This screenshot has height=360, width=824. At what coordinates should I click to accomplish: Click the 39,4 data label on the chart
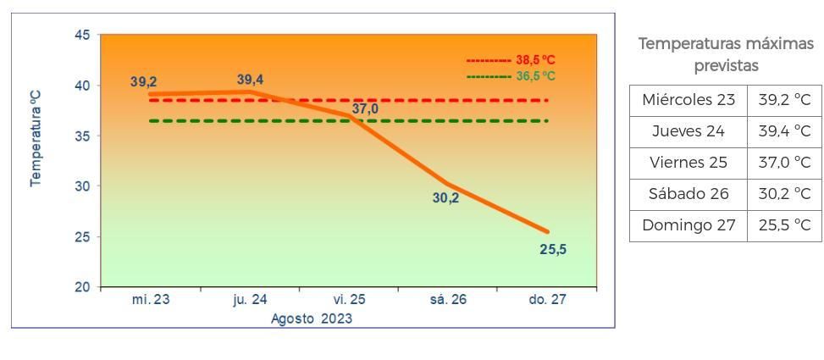[x=250, y=80]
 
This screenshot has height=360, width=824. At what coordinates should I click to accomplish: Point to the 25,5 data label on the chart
[x=553, y=249]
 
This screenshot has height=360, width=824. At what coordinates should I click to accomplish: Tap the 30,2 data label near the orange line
[x=445, y=198]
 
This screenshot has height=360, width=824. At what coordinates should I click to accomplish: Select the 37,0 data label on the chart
[x=365, y=108]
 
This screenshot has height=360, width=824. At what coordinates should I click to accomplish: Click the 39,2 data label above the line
[x=143, y=82]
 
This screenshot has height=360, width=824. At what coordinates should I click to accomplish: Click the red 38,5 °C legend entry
[x=511, y=60]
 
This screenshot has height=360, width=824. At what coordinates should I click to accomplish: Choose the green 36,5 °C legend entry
[x=511, y=76]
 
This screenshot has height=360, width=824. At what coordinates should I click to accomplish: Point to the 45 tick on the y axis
[x=82, y=36]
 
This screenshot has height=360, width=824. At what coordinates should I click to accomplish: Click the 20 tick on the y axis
[x=82, y=287]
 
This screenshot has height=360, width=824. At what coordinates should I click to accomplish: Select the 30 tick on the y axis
[x=82, y=186]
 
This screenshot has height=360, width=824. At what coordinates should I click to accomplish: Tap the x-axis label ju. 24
[x=250, y=300]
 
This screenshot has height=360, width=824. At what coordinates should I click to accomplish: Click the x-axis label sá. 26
[x=448, y=300]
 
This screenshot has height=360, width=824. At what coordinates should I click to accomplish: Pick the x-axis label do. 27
[x=547, y=300]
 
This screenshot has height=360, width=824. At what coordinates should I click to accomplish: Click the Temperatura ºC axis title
[x=36, y=139]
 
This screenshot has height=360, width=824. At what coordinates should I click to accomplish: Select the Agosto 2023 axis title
[x=312, y=319]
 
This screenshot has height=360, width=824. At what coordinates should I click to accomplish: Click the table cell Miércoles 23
[x=689, y=100]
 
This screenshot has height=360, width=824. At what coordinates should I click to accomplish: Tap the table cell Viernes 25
[x=689, y=163]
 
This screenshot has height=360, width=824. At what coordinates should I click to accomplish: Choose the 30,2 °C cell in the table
[x=784, y=194]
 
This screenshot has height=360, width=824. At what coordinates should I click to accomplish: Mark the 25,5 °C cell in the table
[x=784, y=225]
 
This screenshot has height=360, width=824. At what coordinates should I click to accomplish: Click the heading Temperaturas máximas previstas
[x=726, y=54]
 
